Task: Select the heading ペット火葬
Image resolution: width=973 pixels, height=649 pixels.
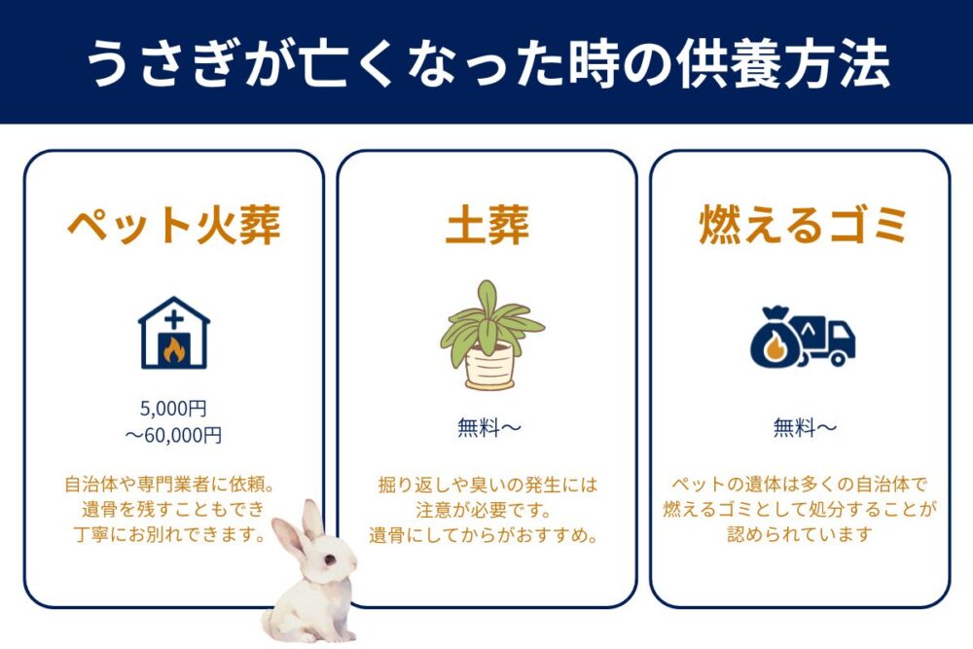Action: [x=174, y=226]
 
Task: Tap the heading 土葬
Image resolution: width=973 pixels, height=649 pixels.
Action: [x=486, y=226]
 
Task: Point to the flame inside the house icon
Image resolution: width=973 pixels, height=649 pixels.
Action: [x=174, y=349]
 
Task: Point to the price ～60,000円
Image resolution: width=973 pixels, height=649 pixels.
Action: [x=174, y=435]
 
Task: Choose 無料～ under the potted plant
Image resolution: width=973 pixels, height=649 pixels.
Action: [x=487, y=427]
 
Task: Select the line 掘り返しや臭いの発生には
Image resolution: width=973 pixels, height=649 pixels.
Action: [x=487, y=484]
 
